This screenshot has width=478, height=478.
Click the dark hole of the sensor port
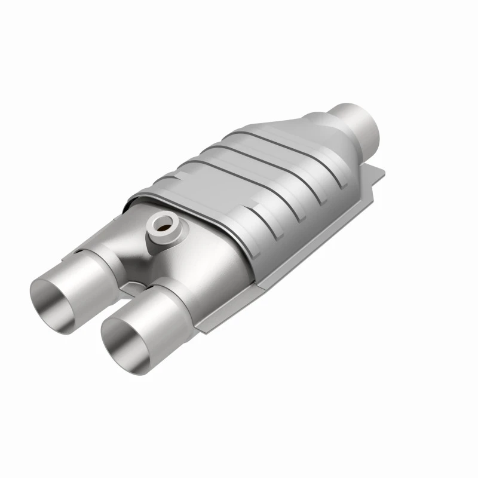(160, 225)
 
